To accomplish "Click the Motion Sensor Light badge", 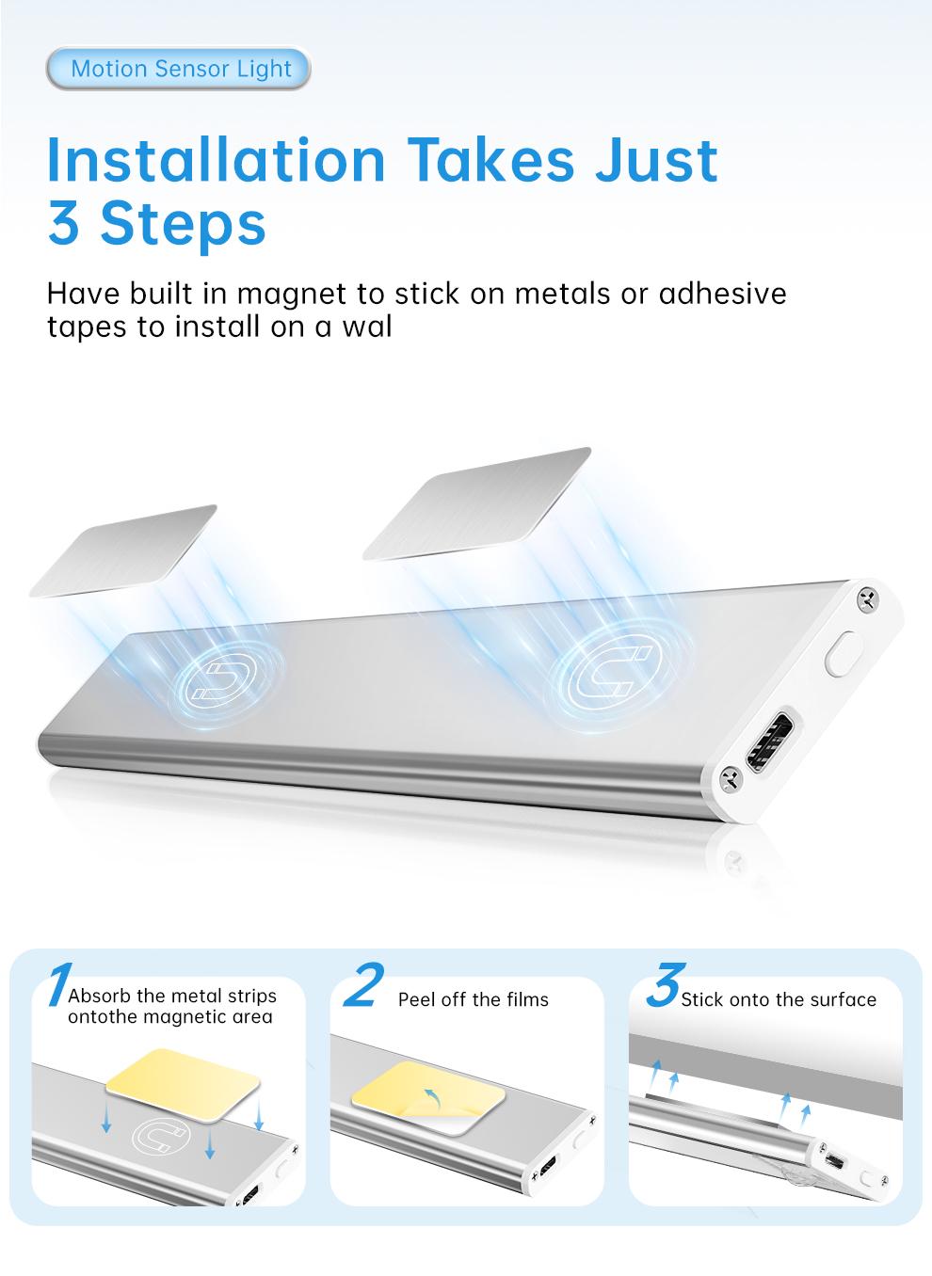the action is [179, 69].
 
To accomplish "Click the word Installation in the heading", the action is [217, 160].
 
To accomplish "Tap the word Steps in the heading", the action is [184, 225].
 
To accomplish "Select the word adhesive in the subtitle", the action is [722, 294].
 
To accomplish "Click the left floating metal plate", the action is [123, 550].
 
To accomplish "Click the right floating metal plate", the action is [477, 504].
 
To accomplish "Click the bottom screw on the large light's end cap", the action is [731, 779].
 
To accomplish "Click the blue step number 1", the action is [60, 984].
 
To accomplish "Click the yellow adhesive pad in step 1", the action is [183, 1085].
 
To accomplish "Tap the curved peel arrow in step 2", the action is [432, 1097].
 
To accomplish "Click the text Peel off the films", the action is [474, 999].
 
